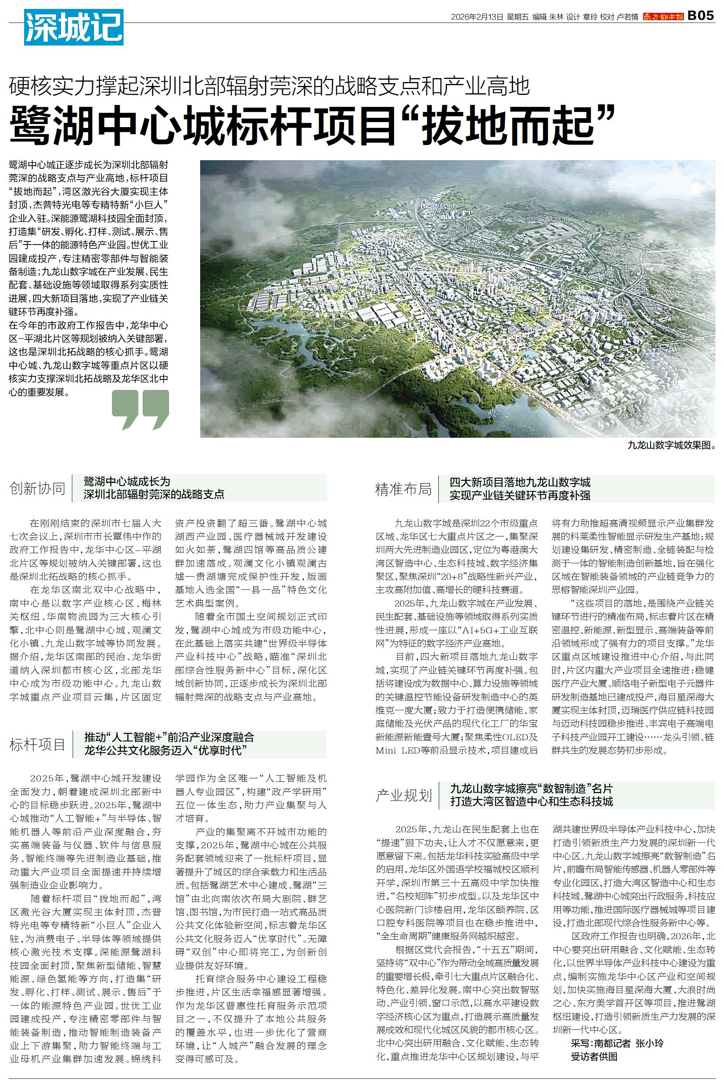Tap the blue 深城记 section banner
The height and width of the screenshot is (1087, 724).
click(x=74, y=28)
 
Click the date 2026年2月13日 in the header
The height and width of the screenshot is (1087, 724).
click(x=477, y=17)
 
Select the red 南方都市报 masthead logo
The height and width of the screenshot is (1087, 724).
click(x=663, y=17)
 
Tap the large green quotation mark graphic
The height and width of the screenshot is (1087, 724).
click(x=140, y=409)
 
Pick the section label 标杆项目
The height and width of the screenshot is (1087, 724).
click(x=37, y=744)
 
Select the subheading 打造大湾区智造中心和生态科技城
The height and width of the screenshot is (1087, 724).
click(x=532, y=801)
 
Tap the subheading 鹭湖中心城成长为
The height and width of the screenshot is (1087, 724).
click(x=127, y=482)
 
